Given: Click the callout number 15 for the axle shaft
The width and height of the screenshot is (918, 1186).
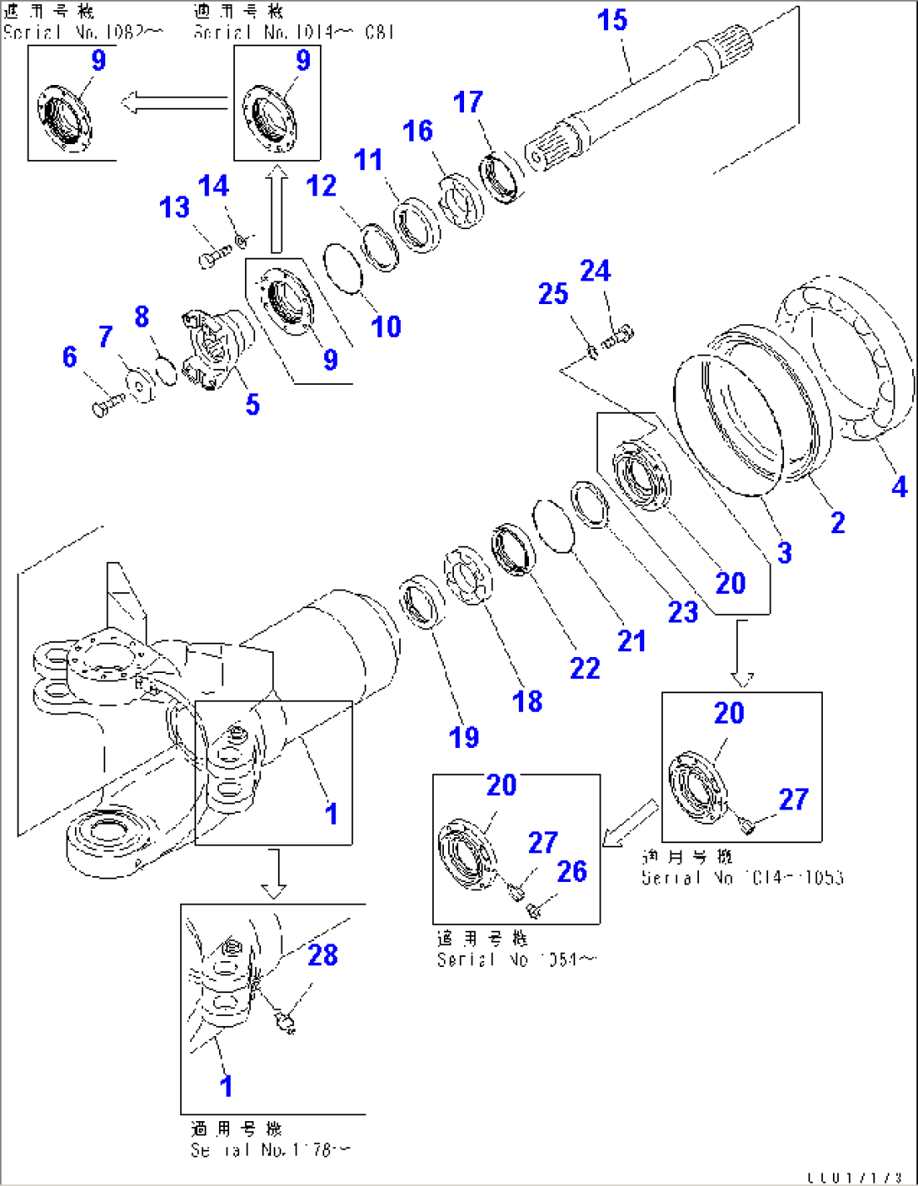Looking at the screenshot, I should [612, 20].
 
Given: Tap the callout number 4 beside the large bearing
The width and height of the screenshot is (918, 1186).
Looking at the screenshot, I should [899, 487].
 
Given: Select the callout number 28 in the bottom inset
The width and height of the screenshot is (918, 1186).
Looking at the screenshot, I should [323, 955].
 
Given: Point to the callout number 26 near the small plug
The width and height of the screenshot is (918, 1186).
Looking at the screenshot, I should [572, 872].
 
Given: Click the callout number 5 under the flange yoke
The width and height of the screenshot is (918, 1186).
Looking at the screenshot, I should [253, 405].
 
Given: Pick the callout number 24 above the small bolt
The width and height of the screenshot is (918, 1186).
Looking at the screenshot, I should [595, 271].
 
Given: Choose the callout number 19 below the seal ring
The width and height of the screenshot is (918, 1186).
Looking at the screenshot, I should [464, 738].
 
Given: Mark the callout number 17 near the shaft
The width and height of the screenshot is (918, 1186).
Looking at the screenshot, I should [468, 103].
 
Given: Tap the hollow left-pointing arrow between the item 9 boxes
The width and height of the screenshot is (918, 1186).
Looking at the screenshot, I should [173, 104].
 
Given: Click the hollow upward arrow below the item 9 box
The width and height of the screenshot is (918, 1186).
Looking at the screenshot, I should [276, 211].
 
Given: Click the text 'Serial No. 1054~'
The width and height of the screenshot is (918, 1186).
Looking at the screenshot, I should [516, 959].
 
